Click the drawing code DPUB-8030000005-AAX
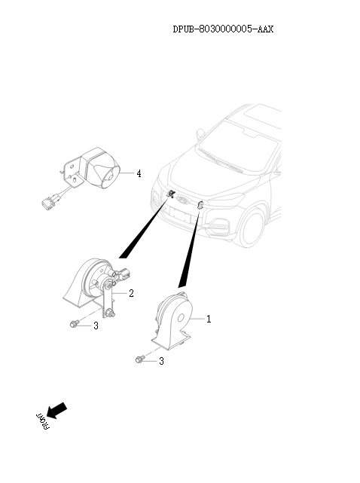[223, 29]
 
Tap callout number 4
[139, 174]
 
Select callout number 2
[132, 293]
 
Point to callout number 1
[209, 319]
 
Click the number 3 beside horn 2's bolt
[96, 326]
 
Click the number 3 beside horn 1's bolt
[161, 361]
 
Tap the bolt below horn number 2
[75, 323]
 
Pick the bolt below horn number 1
[140, 359]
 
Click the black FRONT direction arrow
[56, 411]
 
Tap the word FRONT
[42, 420]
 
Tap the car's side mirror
[200, 133]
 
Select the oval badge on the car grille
[183, 200]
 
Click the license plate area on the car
[181, 215]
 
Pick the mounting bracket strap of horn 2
[108, 301]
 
